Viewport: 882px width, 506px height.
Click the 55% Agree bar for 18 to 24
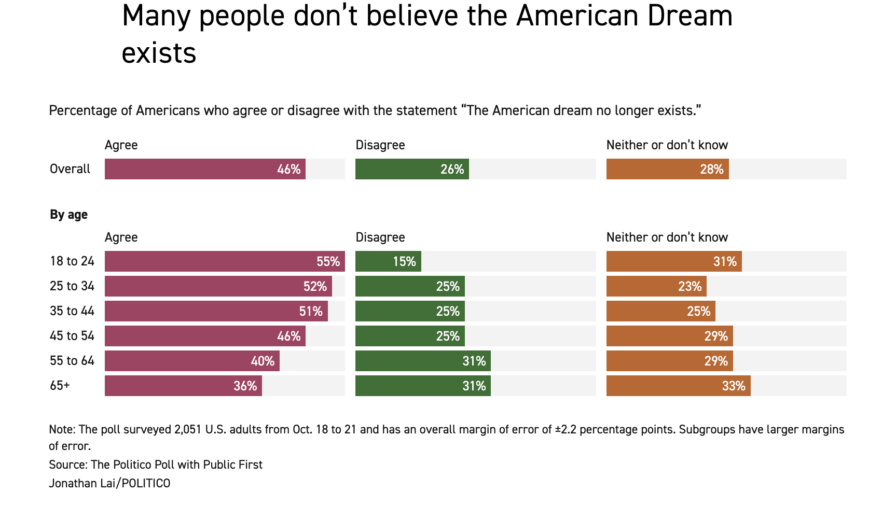225,261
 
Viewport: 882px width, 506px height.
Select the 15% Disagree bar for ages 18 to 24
388,261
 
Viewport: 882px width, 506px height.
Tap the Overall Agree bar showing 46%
205,169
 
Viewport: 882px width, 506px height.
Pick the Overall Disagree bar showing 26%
412,169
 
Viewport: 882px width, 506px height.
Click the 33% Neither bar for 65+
678,386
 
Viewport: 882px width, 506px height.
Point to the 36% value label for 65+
245,386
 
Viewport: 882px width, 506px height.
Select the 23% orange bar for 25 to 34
656,286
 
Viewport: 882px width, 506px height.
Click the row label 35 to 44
72,311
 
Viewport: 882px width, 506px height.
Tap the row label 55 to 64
72,361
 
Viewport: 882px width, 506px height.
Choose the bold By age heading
68,215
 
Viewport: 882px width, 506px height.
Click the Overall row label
70,169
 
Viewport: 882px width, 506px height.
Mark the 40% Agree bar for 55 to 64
192,361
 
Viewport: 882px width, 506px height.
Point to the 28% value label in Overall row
711,170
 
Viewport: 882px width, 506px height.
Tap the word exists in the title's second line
159,53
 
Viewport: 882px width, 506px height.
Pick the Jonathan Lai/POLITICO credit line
109,483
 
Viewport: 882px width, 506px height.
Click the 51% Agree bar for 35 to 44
216,311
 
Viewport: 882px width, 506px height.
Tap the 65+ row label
60,386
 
